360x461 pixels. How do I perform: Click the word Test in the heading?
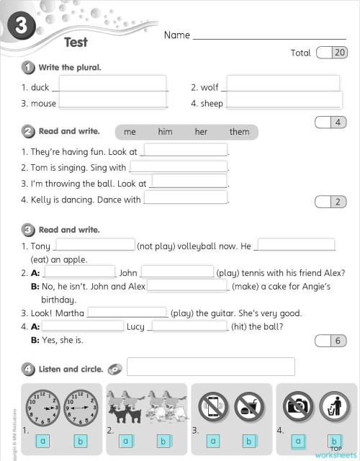tap(76, 42)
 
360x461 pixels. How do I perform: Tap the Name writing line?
tap(269, 36)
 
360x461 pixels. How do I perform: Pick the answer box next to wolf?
tap(282, 84)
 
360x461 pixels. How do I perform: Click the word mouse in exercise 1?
tap(43, 104)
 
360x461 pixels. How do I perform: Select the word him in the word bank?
tap(166, 132)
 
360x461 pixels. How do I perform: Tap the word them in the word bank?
tap(239, 132)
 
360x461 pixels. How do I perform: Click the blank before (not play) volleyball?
tap(94, 246)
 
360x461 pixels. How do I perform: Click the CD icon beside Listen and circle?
tap(114, 370)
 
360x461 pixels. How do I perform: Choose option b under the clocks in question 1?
tap(80, 441)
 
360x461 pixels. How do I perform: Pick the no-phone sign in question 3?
tap(213, 407)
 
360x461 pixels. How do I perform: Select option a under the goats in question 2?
tap(125, 441)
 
